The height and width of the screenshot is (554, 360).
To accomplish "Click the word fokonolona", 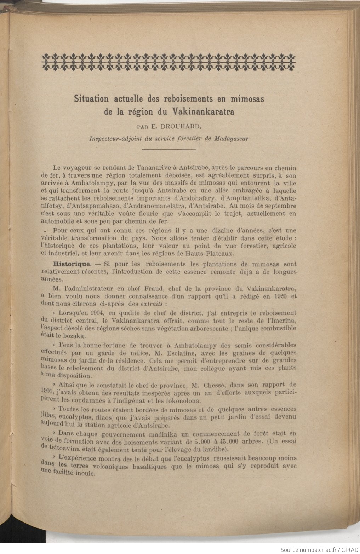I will coord(174,401).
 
